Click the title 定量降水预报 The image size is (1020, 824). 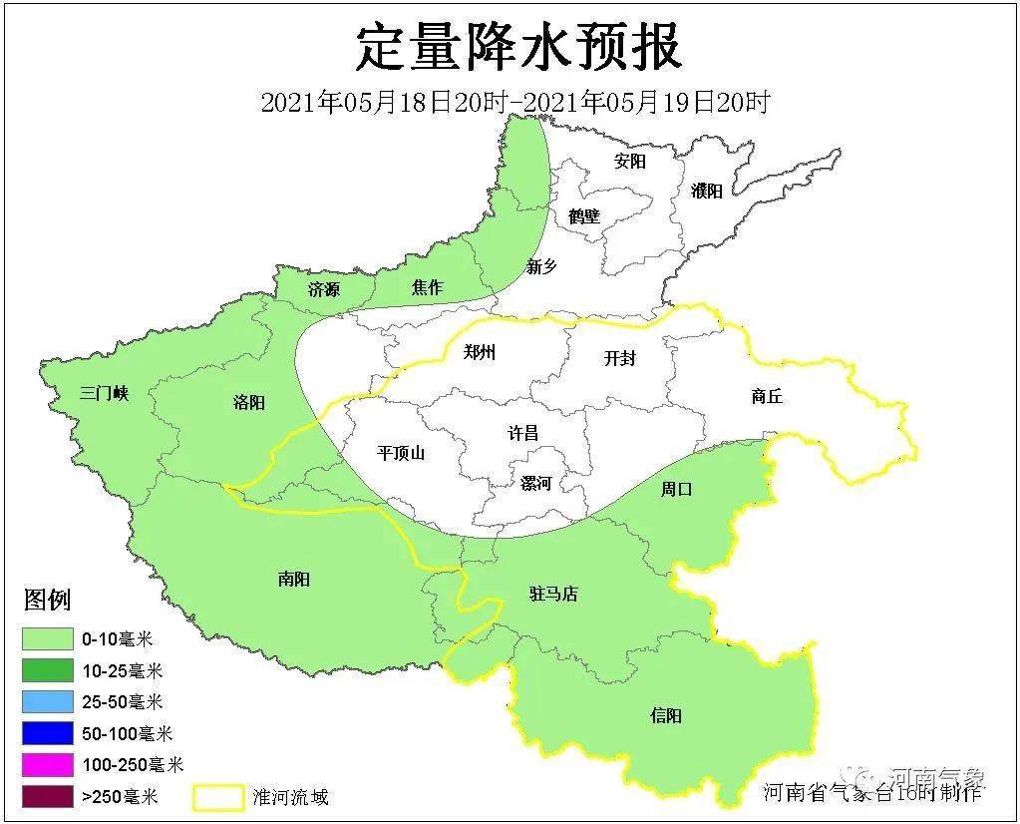(518, 49)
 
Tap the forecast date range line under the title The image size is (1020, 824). (514, 102)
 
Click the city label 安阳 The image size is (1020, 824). (629, 162)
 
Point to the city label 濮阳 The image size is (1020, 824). (706, 192)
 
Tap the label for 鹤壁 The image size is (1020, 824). (584, 215)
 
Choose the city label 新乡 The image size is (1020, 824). (541, 266)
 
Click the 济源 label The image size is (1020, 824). (323, 289)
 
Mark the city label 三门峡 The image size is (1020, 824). (105, 393)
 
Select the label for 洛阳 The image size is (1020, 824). (248, 402)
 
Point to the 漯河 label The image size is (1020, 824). (535, 483)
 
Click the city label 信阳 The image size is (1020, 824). (666, 715)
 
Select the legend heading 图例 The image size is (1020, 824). (47, 601)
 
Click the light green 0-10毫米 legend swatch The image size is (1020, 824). (47, 638)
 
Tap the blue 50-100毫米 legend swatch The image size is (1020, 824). (47, 734)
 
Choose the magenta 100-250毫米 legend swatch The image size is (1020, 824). (47, 765)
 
